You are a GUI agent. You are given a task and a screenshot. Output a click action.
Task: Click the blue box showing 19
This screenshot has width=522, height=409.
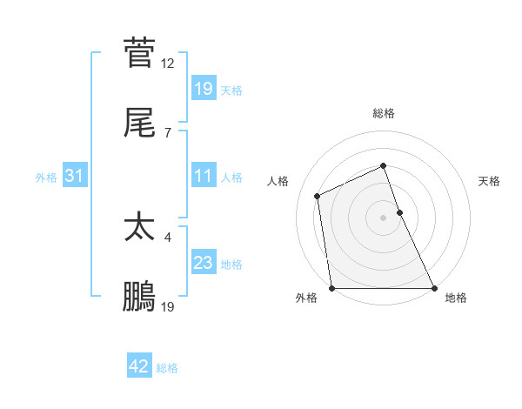pos(203,88)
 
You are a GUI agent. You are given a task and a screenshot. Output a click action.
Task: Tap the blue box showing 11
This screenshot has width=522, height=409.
pos(203,177)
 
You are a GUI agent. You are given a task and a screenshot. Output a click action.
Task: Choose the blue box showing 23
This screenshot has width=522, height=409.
pos(203,263)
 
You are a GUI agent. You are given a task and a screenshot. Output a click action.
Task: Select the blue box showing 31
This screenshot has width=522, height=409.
pos(75,177)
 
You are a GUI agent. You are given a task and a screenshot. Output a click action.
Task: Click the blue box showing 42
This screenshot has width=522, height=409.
pos(139,366)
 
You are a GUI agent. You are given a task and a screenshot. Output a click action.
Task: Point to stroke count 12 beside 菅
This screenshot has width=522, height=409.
pos(168,63)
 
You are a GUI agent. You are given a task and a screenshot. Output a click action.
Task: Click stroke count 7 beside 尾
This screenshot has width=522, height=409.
pos(168,132)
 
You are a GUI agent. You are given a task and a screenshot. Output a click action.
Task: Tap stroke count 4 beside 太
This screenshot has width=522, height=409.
pos(168,237)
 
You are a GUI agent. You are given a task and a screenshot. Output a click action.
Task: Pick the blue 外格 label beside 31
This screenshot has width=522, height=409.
pos(46,178)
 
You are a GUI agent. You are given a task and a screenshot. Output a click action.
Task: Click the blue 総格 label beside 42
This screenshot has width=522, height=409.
pos(167,367)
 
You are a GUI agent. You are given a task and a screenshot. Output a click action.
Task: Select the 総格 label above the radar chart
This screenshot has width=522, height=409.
pos(384,113)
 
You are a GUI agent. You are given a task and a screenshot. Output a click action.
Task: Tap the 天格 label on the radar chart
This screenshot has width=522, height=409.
pos(490,181)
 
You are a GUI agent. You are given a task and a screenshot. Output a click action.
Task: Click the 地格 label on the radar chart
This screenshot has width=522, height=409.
pos(456,298)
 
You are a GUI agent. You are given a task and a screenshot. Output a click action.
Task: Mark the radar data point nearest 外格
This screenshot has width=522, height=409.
pos(331,288)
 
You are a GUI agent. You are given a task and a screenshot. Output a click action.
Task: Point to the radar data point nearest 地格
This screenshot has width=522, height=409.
pos(434,288)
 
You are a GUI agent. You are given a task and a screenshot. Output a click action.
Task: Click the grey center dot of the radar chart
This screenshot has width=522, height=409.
pos(383,218)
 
